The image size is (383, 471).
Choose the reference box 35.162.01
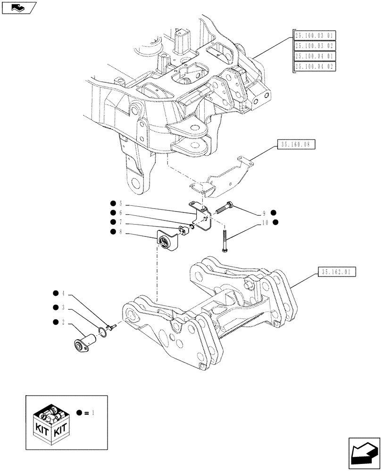point(337,272)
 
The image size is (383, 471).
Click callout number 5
point(121,204)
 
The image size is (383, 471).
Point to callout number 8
point(121,231)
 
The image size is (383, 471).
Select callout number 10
point(265,222)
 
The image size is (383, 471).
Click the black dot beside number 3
point(55,308)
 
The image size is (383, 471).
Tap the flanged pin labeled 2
point(84,341)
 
